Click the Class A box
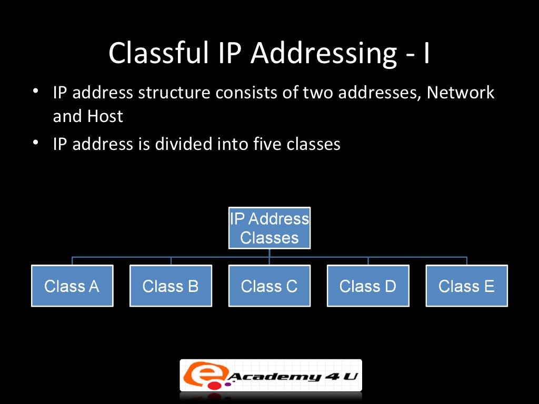pos(72,286)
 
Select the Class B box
pos(171,286)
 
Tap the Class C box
pos(269,286)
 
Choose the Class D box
pos(367,286)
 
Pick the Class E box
pos(466,286)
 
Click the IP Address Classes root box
pos(269,228)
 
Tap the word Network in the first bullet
pos(461,93)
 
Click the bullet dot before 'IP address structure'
pos(35,92)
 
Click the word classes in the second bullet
pos(314,144)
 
